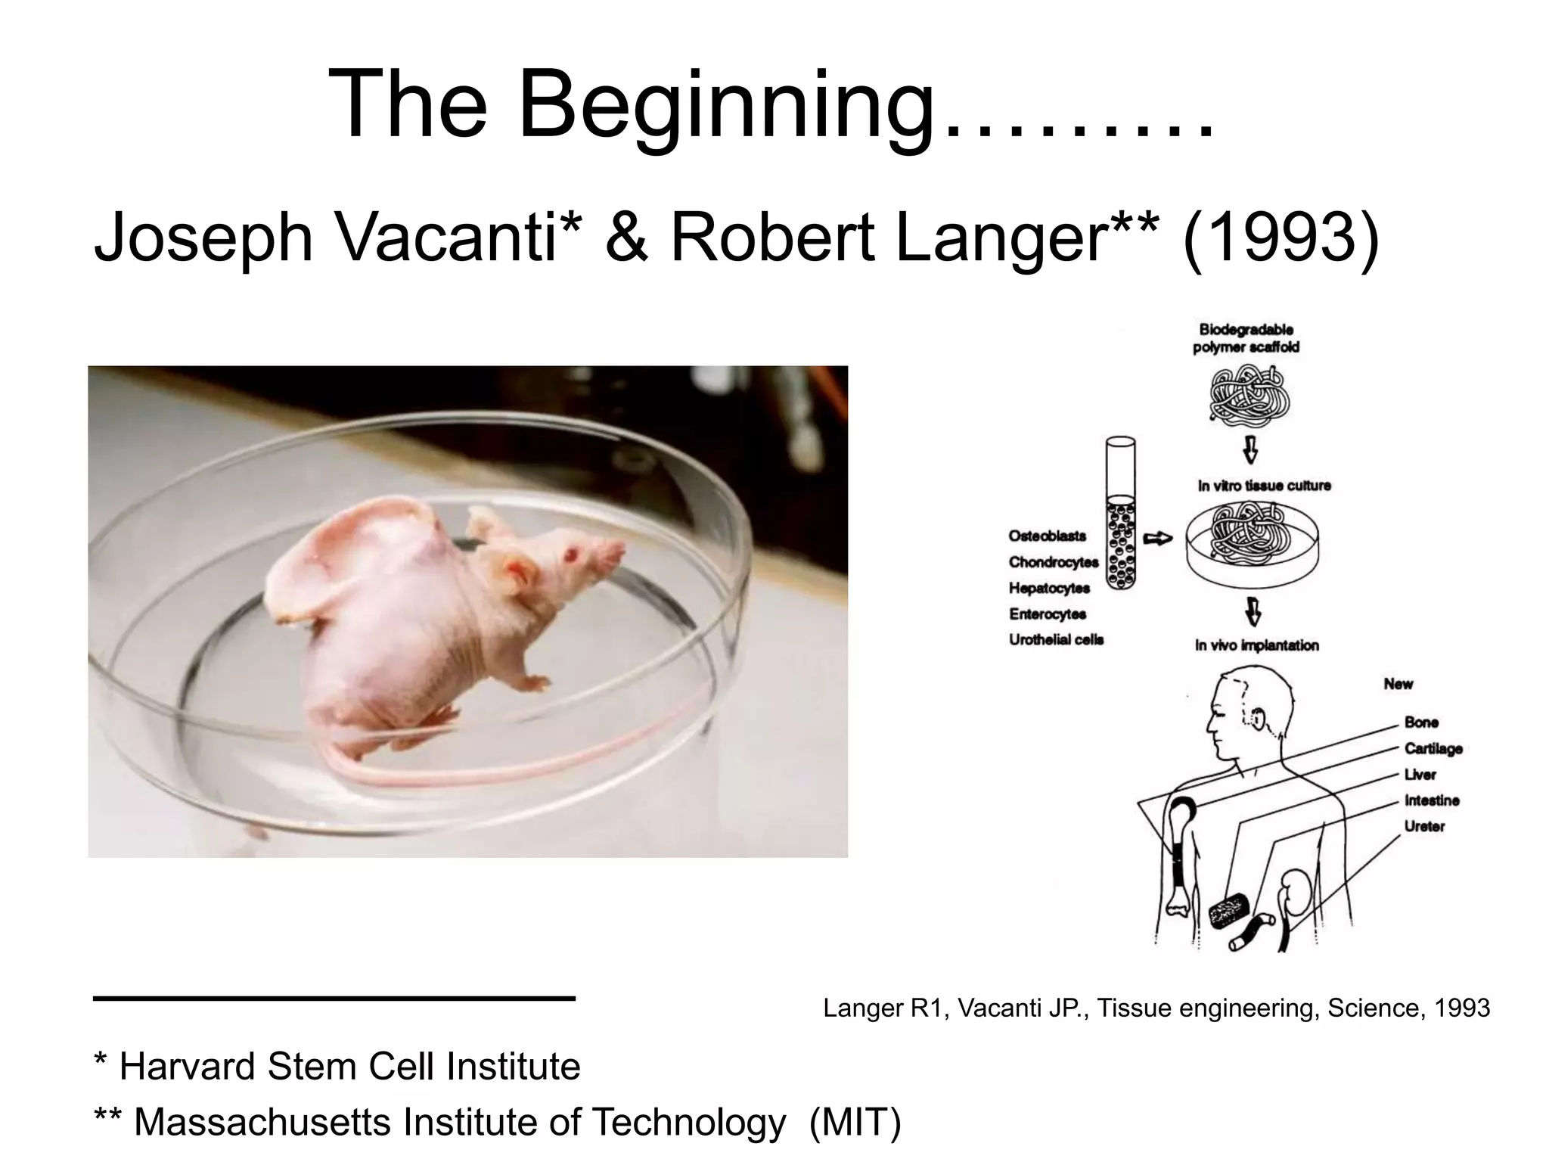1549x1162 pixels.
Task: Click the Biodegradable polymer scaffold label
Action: (x=1246, y=338)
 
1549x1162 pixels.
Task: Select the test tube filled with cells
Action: (x=1120, y=514)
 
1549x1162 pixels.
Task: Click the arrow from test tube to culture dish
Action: (x=1157, y=539)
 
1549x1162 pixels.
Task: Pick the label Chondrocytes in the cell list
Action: (x=1053, y=562)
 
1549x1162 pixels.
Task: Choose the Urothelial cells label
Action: (x=1056, y=640)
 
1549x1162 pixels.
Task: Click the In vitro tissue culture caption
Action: (x=1264, y=486)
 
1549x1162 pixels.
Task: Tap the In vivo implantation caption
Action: (x=1256, y=645)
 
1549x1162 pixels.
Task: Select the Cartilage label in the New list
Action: (x=1433, y=748)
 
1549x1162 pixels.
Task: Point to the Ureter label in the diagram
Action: (x=1424, y=826)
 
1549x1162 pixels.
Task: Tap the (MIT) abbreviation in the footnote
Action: (x=855, y=1122)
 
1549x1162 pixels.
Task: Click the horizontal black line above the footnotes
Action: (x=334, y=999)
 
